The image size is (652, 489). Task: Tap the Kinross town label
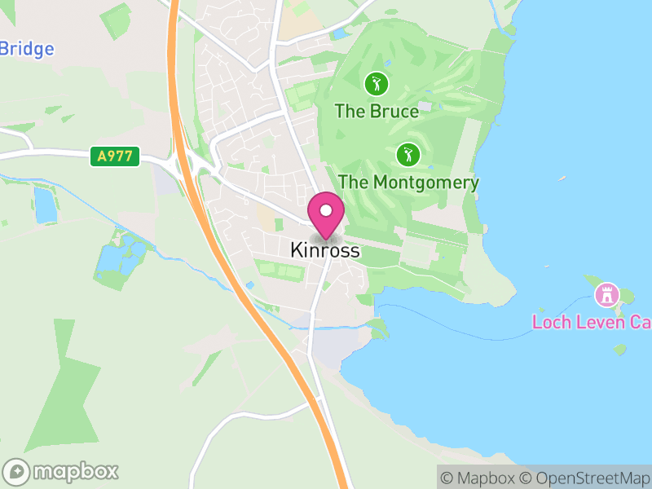tap(324, 252)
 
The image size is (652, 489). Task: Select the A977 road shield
tap(115, 156)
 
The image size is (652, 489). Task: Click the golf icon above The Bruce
tap(376, 83)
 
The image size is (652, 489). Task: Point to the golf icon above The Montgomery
tap(408, 153)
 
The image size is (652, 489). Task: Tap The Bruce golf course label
tap(377, 112)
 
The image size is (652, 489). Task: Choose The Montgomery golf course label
tap(408, 183)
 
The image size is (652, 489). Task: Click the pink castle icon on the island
tap(607, 293)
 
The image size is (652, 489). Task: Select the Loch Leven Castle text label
tap(591, 321)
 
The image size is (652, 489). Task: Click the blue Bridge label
tap(26, 49)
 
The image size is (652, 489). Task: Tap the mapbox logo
tap(62, 471)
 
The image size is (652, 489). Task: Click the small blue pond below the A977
tap(46, 205)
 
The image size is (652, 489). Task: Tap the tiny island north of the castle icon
tap(561, 178)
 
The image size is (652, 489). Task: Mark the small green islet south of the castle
tap(620, 350)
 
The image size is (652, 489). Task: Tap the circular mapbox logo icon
tap(16, 472)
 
